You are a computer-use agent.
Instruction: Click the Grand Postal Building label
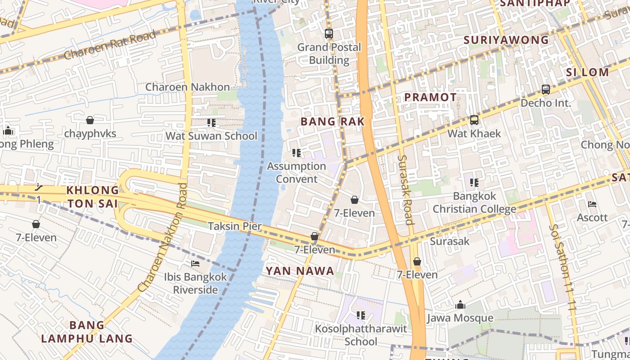click(x=329, y=54)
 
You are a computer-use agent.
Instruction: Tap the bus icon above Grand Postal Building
click(x=329, y=33)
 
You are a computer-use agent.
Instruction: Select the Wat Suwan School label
click(x=211, y=136)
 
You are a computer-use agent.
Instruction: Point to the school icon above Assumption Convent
click(x=296, y=153)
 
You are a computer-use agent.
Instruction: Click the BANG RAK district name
click(x=332, y=121)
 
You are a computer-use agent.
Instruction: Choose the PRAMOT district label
click(x=430, y=97)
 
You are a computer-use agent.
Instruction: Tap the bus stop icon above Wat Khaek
click(x=474, y=120)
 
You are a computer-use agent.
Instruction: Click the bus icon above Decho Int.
click(x=545, y=90)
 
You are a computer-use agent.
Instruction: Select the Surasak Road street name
click(x=405, y=190)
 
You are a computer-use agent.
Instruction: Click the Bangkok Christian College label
click(x=474, y=202)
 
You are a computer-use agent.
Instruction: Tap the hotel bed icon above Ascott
click(x=592, y=204)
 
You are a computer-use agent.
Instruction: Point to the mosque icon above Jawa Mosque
click(x=460, y=305)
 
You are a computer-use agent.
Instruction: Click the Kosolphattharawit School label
click(x=360, y=335)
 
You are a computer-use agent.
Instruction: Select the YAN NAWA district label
click(x=300, y=271)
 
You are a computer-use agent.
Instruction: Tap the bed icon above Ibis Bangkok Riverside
click(x=195, y=263)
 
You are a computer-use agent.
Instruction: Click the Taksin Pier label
click(x=234, y=226)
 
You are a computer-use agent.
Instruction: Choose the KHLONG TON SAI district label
click(x=93, y=197)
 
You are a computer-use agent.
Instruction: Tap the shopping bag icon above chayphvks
click(x=90, y=120)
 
